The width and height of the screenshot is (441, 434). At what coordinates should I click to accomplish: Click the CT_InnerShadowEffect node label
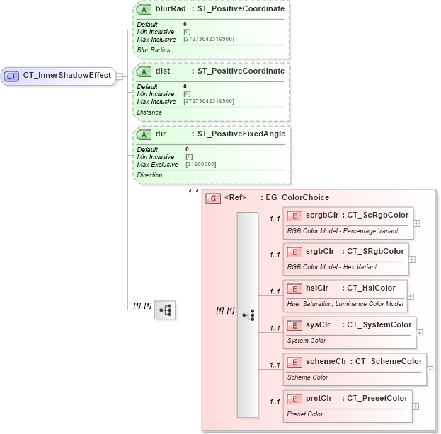pyautogui.click(x=67, y=76)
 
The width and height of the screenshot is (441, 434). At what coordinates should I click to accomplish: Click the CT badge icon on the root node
pyautogui.click(x=12, y=76)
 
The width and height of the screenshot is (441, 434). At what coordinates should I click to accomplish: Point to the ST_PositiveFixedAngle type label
pyautogui.click(x=241, y=134)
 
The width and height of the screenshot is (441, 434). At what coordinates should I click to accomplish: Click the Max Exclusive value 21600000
pyautogui.click(x=201, y=164)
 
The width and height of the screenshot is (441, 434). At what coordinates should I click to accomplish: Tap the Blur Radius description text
pyautogui.click(x=154, y=49)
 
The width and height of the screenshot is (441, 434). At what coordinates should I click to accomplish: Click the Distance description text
pyautogui.click(x=149, y=112)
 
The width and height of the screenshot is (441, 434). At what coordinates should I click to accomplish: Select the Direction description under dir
pyautogui.click(x=150, y=175)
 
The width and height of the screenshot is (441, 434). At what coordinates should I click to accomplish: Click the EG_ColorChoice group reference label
pyautogui.click(x=297, y=198)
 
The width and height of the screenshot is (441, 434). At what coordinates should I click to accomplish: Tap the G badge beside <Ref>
pyautogui.click(x=212, y=198)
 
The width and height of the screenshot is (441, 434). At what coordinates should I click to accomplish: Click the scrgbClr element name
pyautogui.click(x=323, y=215)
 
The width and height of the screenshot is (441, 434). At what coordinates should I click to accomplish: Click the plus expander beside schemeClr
pyautogui.click(x=430, y=369)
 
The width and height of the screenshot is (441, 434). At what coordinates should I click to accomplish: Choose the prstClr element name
pyautogui.click(x=319, y=398)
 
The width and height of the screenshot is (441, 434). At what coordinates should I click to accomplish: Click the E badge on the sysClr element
pyautogui.click(x=294, y=325)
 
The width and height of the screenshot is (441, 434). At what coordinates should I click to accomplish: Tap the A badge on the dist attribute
pyautogui.click(x=144, y=71)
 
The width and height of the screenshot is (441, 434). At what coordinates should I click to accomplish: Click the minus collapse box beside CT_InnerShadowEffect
pyautogui.click(x=120, y=76)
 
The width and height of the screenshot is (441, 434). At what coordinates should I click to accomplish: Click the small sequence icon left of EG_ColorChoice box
pyautogui.click(x=165, y=310)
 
